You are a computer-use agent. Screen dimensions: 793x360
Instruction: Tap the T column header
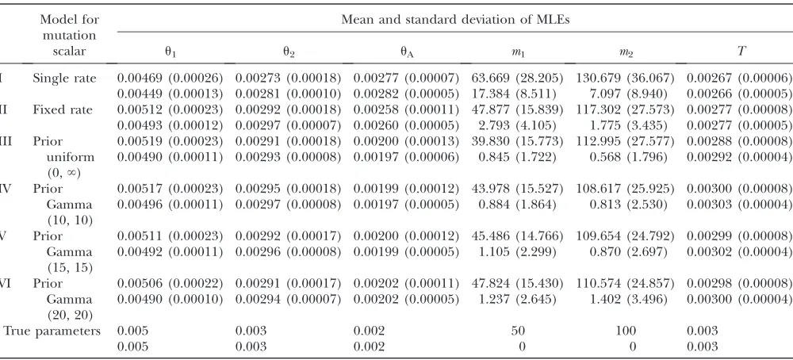[x=741, y=51]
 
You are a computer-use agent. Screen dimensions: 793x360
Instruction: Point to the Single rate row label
[x=64, y=79]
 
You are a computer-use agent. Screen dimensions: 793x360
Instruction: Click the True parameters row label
[x=52, y=331]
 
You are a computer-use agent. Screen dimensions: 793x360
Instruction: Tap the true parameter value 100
[x=627, y=331]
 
